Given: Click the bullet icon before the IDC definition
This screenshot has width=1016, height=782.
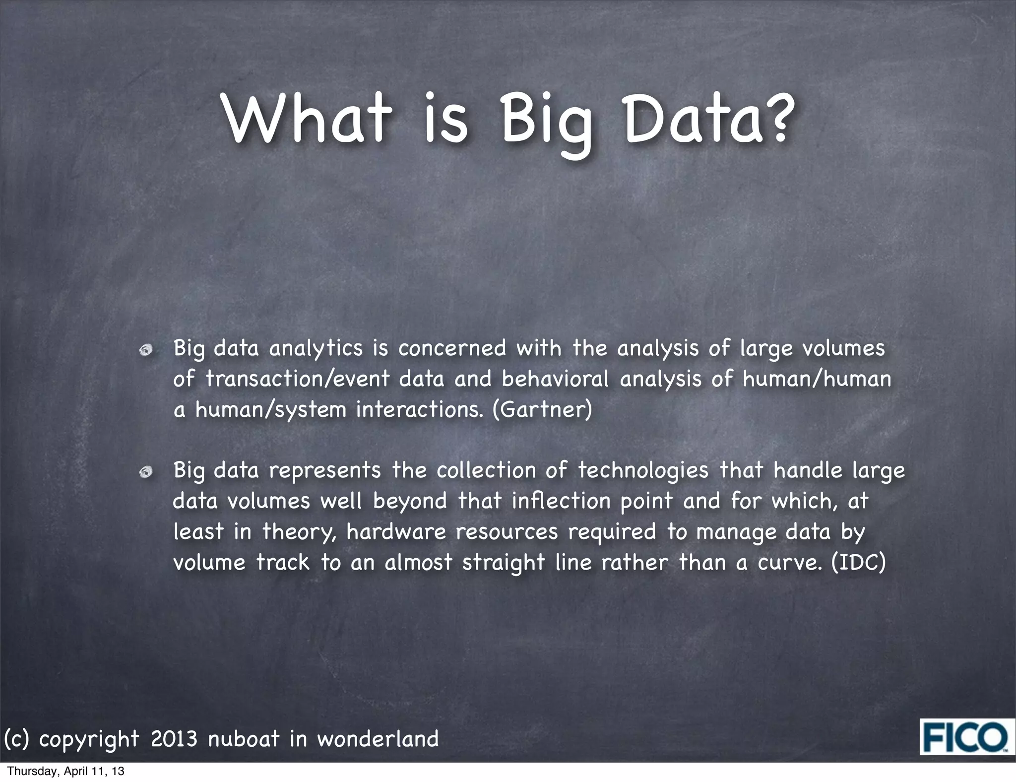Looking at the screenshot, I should pyautogui.click(x=146, y=472).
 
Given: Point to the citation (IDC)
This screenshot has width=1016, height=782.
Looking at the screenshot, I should pyautogui.click(x=858, y=563).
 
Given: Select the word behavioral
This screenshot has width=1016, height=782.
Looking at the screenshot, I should pyautogui.click(x=555, y=379).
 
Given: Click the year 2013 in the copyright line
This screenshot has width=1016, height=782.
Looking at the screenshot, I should pyautogui.click(x=174, y=738).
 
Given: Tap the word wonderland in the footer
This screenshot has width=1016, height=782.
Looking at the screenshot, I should pyautogui.click(x=378, y=738).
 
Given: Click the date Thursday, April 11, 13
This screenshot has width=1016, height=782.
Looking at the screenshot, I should pyautogui.click(x=66, y=771).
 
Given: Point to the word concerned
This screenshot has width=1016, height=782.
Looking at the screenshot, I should pyautogui.click(x=451, y=348).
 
